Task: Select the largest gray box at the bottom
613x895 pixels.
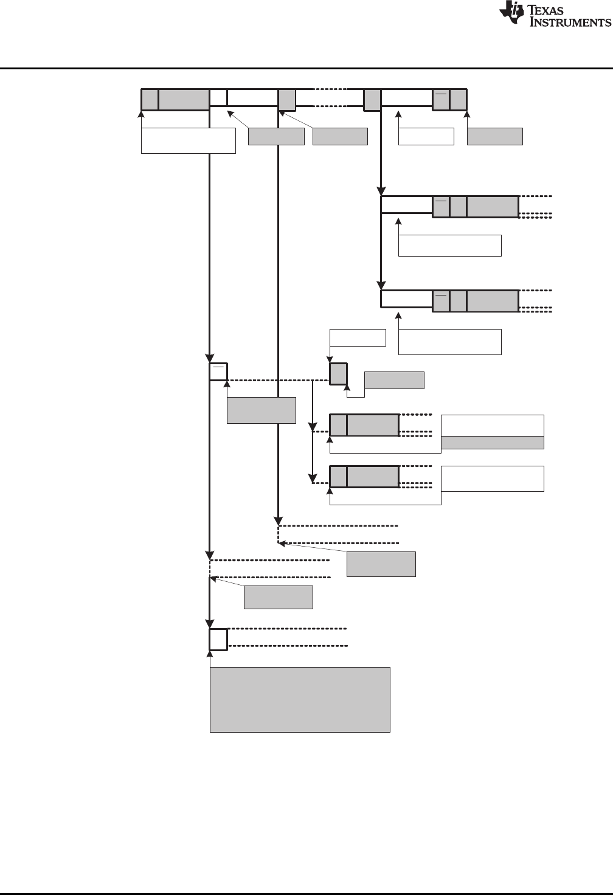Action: (x=300, y=700)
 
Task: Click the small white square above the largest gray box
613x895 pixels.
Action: (x=218, y=639)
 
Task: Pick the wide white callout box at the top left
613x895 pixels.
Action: (x=189, y=140)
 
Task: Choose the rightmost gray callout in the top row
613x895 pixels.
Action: (x=495, y=136)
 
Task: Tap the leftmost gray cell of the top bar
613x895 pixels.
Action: (x=150, y=100)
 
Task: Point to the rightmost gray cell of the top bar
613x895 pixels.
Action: (x=459, y=100)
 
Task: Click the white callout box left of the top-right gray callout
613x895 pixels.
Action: (x=426, y=136)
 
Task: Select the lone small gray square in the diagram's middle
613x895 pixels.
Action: (x=338, y=373)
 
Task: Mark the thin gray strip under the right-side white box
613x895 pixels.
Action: (x=492, y=443)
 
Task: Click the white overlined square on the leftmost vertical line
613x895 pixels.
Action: (x=218, y=372)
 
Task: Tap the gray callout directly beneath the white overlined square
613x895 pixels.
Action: (x=261, y=410)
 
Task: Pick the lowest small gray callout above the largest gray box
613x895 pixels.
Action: (x=279, y=597)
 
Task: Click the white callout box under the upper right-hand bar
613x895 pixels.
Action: (x=450, y=245)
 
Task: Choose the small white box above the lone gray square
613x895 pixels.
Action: (x=358, y=337)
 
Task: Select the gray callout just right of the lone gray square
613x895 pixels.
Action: (x=394, y=380)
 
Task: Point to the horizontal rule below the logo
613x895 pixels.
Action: (x=306, y=68)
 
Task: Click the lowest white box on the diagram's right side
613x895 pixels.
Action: (x=492, y=479)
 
